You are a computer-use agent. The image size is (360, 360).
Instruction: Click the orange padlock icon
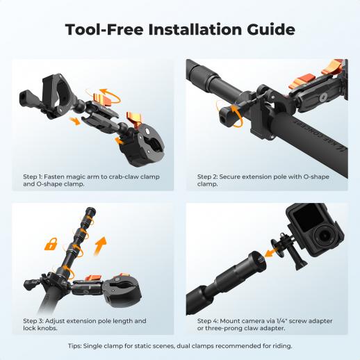51,244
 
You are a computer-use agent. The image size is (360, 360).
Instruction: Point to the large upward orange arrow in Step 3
100,246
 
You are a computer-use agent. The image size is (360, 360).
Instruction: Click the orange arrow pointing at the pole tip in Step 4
270,252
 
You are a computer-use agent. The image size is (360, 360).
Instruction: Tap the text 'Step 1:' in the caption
33,177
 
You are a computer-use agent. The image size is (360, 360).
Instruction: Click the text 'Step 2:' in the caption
207,177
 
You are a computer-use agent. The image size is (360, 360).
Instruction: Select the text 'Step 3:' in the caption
33,321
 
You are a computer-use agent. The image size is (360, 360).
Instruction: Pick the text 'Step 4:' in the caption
208,321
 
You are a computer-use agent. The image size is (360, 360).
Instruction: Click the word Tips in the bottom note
74,346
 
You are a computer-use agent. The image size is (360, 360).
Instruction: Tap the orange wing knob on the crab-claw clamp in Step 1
134,119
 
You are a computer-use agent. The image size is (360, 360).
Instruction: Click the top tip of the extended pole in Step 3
91,209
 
